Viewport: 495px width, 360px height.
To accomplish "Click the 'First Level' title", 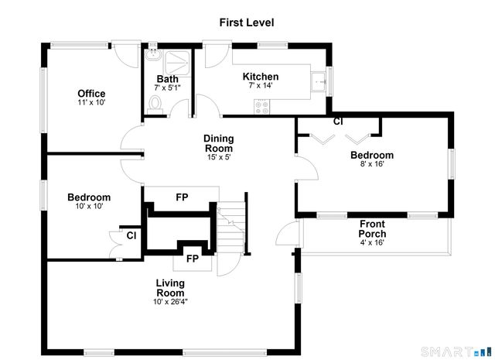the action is (x=247, y=22).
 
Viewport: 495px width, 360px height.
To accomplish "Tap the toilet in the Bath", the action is (x=155, y=105).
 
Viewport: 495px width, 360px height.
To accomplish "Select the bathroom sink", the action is (x=153, y=55).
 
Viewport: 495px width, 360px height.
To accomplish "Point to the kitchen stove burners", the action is (x=262, y=107).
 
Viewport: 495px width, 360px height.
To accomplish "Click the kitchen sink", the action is (x=319, y=82).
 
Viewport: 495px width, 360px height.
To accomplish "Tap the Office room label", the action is (x=91, y=94).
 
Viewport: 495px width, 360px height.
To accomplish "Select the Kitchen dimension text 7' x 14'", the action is (x=261, y=85).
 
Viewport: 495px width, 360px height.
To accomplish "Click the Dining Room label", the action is (x=219, y=143).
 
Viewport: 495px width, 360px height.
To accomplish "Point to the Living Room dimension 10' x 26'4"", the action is (x=170, y=302).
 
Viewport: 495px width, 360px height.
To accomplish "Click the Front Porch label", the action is (x=372, y=229).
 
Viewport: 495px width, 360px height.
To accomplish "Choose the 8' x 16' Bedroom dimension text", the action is (x=372, y=163).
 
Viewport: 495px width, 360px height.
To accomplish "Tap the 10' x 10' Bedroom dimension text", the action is (x=90, y=207).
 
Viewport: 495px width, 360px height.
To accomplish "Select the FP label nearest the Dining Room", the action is (x=183, y=197).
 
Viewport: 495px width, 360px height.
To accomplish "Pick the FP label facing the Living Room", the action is (x=193, y=259).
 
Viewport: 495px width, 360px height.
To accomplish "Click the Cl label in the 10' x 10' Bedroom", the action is (x=131, y=235).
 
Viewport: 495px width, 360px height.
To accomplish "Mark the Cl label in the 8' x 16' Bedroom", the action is (x=338, y=122).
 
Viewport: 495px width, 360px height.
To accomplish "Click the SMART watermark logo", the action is (x=456, y=351).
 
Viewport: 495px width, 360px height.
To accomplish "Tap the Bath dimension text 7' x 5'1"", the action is (x=167, y=87).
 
